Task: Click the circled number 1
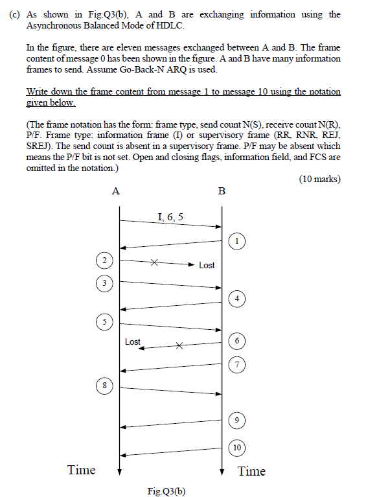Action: click(x=238, y=241)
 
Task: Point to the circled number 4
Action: click(x=238, y=298)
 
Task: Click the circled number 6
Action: click(x=238, y=341)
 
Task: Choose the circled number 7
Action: click(x=238, y=365)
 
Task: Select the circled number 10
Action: click(x=238, y=447)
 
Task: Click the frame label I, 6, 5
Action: click(x=170, y=217)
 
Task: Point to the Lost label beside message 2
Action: click(x=207, y=265)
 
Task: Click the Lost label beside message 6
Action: click(x=133, y=341)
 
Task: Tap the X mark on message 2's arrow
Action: click(x=154, y=263)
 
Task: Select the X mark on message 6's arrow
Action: click(x=180, y=345)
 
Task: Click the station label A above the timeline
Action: click(x=115, y=191)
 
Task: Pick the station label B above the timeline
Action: click(x=222, y=191)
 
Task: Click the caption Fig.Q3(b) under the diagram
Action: click(x=167, y=491)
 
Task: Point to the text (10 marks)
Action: click(x=319, y=179)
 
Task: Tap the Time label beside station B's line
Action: click(x=251, y=471)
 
